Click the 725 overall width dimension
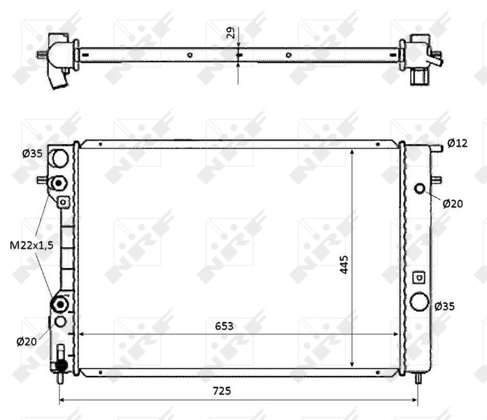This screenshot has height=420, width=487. coord(222,391)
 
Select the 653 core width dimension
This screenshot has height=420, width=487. coord(224,326)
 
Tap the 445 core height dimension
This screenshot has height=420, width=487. coord(344,265)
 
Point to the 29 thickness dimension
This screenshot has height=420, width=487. coord(231,33)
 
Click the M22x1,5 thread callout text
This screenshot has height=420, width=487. coord(31,246)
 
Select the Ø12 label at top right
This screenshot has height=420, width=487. coord(457,143)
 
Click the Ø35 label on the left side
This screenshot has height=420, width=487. coord(32,153)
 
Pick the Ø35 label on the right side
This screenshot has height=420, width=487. coord(444,307)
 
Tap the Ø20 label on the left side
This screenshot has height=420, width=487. coord(27,342)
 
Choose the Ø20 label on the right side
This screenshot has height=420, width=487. coord(453,204)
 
